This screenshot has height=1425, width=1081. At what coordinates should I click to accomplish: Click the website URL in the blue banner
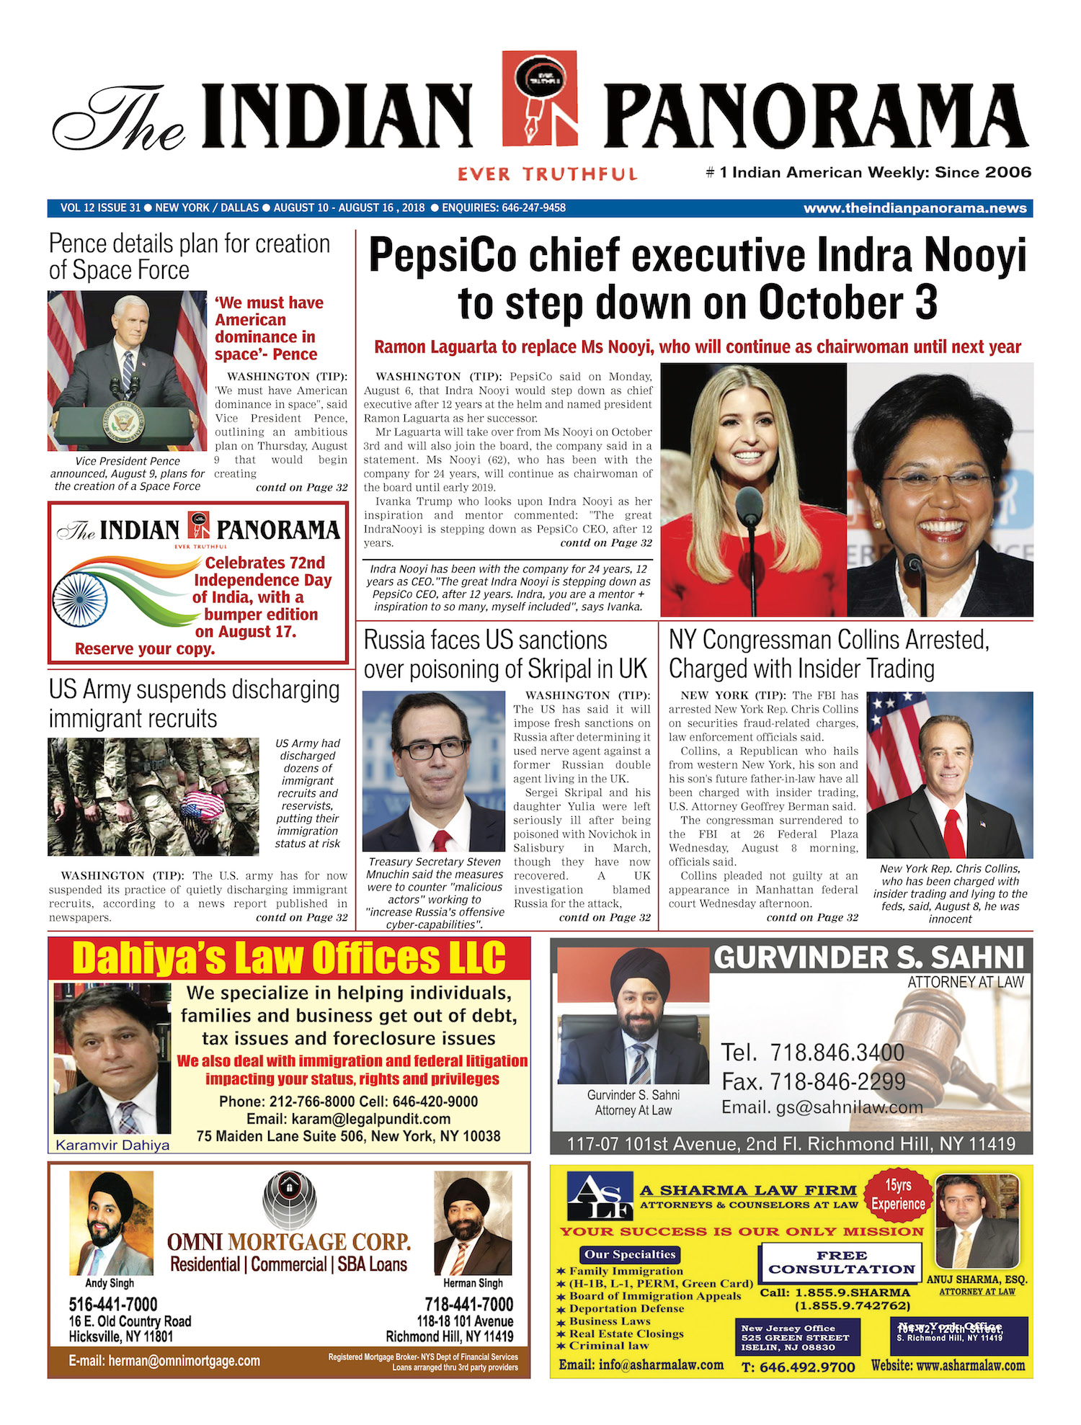[x=915, y=208]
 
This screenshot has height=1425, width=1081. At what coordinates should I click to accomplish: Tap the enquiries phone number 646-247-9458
[x=533, y=208]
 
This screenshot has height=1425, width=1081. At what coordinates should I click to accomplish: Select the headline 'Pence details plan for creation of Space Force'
[x=189, y=256]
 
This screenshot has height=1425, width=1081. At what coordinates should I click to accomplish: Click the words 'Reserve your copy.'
[x=145, y=649]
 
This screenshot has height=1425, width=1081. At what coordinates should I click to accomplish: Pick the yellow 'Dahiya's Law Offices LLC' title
[x=289, y=959]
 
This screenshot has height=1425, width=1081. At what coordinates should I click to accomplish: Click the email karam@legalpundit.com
[x=348, y=1120]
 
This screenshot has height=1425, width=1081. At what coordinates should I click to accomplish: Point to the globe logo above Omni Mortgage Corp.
[x=289, y=1199]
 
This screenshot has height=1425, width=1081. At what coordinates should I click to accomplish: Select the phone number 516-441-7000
[x=112, y=1305]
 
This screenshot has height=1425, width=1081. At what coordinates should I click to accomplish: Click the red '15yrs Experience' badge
[x=898, y=1195]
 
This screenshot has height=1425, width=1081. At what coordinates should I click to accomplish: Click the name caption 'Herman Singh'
[x=473, y=1283]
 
